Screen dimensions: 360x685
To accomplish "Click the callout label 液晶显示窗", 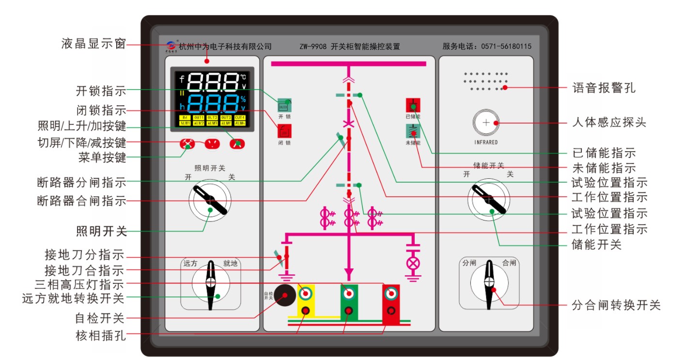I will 93,44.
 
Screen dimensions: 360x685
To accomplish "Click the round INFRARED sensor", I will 486,123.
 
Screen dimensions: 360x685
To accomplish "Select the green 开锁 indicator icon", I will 284,105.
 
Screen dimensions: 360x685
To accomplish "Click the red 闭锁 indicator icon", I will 284,131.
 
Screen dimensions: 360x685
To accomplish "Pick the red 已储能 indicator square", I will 413,105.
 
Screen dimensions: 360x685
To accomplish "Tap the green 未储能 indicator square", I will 413,131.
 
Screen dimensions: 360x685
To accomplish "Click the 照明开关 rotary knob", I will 210,200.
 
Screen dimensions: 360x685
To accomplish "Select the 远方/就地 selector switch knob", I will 211,283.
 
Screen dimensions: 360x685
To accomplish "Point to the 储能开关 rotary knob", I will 488,199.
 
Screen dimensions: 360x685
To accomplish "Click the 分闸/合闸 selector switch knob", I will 489,283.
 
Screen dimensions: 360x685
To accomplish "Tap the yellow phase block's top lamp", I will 306,293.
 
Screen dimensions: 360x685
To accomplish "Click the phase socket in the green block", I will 348,311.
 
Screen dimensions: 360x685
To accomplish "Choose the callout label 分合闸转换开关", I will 616,306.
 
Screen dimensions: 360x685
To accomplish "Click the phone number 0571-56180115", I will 506,47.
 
